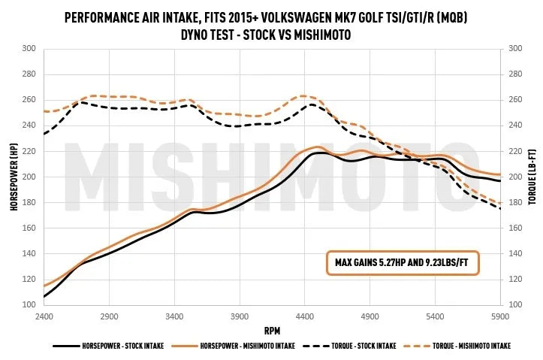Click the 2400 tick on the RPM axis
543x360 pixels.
coord(44,316)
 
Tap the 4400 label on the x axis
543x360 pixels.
coord(304,316)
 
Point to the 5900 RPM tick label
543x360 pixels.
coord(500,316)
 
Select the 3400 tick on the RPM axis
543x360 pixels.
coord(174,316)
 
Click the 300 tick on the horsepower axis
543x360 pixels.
coord(29,49)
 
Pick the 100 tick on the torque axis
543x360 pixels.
coord(514,305)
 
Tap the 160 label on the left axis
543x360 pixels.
coord(29,228)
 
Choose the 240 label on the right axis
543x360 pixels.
coord(514,126)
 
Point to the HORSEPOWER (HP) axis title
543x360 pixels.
coord(14,177)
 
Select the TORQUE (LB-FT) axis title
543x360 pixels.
coord(531,177)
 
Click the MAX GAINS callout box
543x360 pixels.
coord(401,262)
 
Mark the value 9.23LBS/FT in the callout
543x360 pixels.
coord(448,262)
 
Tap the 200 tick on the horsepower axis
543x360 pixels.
coord(29,177)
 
